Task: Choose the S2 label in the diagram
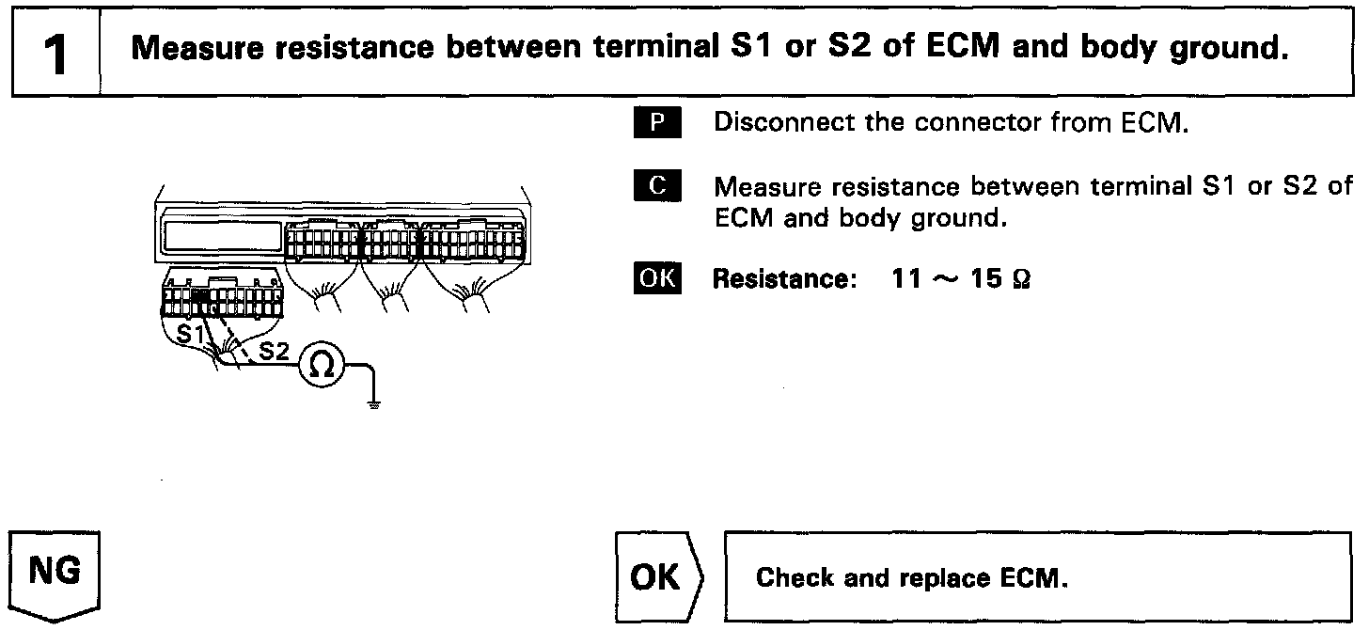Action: coord(274,351)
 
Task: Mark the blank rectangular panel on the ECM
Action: coord(222,236)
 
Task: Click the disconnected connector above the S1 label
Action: coord(222,296)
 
